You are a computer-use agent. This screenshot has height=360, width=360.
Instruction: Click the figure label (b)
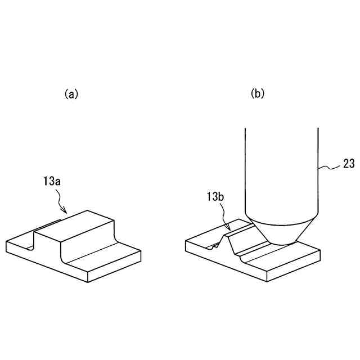pos(257,94)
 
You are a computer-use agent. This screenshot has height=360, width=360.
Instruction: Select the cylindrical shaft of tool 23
pos(281,169)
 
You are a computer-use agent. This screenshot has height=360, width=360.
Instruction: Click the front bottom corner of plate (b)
pos(268,280)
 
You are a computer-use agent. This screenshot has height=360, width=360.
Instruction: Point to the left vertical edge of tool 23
pos(245,169)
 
